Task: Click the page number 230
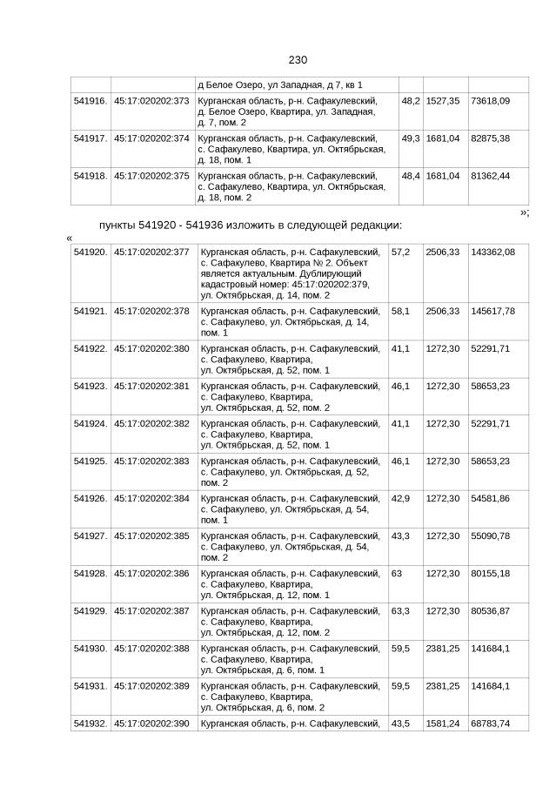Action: coord(298,60)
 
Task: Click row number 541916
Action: coord(90,101)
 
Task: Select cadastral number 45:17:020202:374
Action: coord(151,138)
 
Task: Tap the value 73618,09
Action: coord(490,101)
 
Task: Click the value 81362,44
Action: coord(490,175)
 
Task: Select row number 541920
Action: coord(90,252)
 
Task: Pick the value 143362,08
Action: coord(492,252)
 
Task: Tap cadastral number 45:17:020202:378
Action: coord(151,311)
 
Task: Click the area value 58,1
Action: coord(401,311)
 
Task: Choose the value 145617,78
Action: coord(492,311)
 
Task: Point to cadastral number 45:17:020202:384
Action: coord(151,498)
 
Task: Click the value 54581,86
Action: coord(490,498)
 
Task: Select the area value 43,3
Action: coord(401,535)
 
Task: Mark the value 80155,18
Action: coord(490,573)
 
